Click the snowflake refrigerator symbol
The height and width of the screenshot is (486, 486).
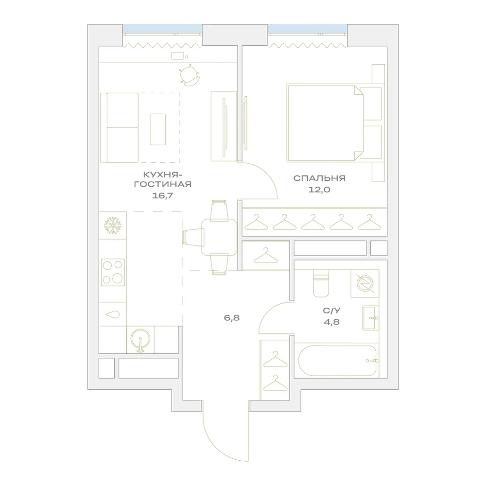113,226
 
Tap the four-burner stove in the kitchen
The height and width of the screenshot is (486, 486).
113,272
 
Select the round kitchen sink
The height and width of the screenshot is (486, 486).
140,340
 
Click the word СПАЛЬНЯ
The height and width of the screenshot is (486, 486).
319,178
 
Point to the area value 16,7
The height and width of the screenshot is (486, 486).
162,195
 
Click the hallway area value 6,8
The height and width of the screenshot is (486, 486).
232,318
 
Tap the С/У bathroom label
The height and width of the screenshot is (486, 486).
331,311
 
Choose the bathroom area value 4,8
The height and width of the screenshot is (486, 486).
331,322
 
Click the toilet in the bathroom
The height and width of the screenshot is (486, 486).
320,283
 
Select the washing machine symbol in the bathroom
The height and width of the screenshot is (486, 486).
365,284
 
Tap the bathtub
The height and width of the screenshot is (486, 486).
337,361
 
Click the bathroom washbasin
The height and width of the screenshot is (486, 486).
370,318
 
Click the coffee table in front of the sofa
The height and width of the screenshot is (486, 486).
158,129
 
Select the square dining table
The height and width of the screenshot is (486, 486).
219,237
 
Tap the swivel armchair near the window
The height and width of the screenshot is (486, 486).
189,75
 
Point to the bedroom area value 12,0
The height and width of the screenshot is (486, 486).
319,190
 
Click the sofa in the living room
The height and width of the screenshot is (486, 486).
120,128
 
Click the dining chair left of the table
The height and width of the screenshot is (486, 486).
193,237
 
